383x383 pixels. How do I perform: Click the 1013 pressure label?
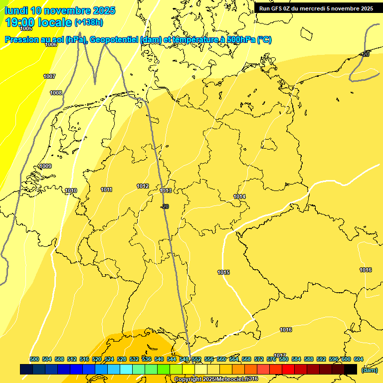[166, 191]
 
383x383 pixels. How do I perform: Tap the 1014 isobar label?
[239, 197]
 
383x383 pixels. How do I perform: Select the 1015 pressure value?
[223, 272]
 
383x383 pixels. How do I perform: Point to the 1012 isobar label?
[143, 187]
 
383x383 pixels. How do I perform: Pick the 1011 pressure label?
[106, 190]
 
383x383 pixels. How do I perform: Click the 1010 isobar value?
[71, 191]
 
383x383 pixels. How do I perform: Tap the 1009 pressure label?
[45, 167]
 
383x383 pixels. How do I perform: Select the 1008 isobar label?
[56, 93]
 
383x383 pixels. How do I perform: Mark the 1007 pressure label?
[49, 77]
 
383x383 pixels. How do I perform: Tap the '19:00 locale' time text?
[38, 22]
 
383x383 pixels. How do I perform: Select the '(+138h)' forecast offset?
[89, 22]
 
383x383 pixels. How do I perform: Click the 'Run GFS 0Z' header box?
[316, 8]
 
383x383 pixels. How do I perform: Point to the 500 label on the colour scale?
[34, 360]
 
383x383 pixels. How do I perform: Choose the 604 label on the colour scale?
[358, 360]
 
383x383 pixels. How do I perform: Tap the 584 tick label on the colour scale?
[296, 360]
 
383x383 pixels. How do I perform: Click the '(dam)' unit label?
[369, 370]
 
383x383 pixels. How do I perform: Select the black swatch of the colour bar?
[351, 370]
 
